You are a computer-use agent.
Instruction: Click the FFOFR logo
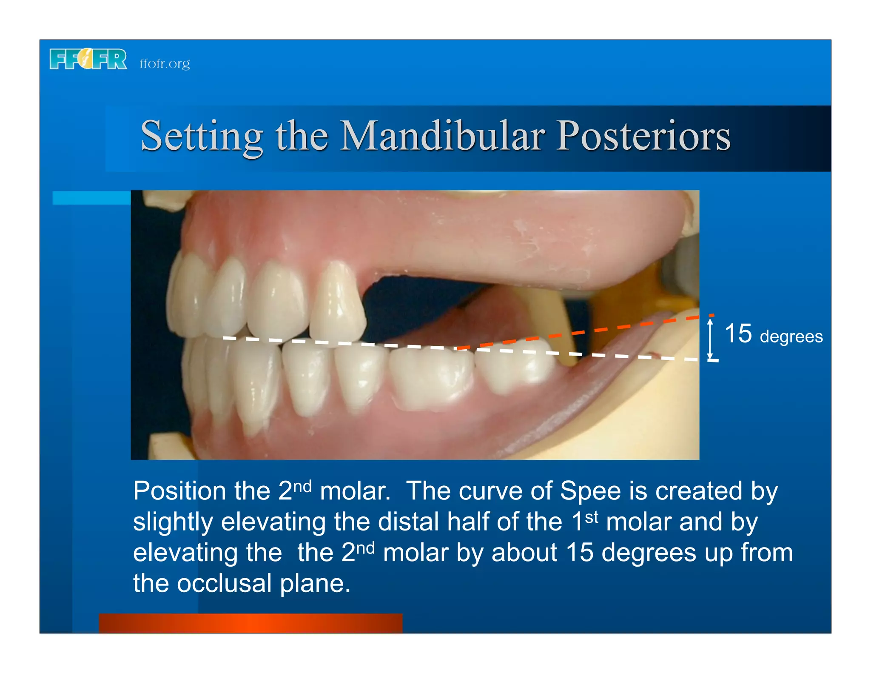(88, 59)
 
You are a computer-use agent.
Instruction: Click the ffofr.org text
(165, 63)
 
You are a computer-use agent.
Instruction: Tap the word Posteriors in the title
(643, 136)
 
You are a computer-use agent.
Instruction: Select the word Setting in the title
(202, 136)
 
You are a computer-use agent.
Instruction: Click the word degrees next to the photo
(791, 336)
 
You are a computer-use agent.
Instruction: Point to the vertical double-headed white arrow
(710, 339)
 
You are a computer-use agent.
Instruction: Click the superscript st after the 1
(592, 517)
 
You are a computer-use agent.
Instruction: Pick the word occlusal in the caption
(224, 583)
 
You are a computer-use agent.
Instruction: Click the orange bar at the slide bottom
(250, 623)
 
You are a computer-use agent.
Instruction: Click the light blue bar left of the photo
(91, 198)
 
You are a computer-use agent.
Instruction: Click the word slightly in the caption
(173, 522)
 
